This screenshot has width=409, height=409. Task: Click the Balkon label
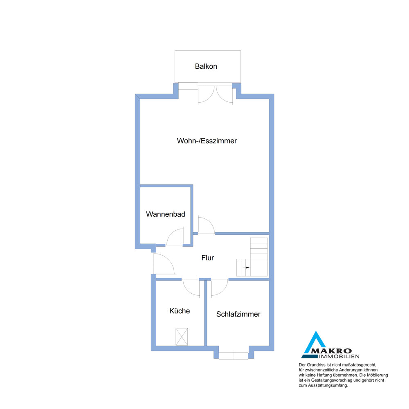[x=206, y=66]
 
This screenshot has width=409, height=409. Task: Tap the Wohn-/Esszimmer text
[x=207, y=141]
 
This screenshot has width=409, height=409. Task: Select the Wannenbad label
[x=166, y=214]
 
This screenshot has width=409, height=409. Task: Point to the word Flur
[x=208, y=258]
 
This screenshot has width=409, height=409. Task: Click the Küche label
[x=180, y=311]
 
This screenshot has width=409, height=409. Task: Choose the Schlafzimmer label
[x=238, y=314]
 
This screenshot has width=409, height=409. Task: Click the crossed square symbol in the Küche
[x=182, y=337]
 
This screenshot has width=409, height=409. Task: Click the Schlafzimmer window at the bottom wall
[x=234, y=356]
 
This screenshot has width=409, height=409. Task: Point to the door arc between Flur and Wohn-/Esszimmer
[x=210, y=221]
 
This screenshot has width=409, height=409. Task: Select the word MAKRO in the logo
[x=332, y=351]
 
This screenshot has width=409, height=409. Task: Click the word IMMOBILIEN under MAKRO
[x=339, y=357]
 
